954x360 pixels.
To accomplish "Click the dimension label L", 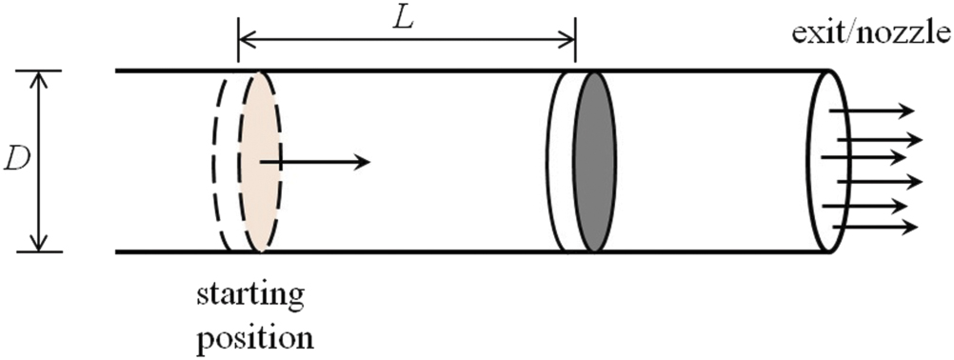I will point(404,19).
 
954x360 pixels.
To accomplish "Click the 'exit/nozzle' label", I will point(869,35).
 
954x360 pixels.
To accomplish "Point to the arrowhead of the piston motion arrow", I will point(361,162).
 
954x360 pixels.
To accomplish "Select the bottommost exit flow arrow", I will point(876,227).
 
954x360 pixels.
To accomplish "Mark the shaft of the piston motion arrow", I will point(309,162).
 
